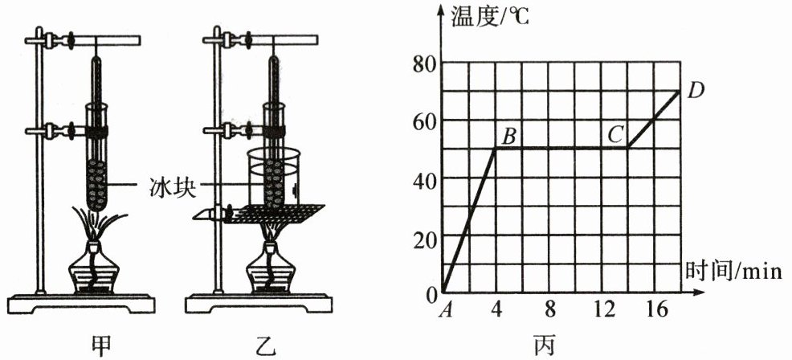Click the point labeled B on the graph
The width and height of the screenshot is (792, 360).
pos(496,148)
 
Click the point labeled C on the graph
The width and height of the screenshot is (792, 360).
pos(628,148)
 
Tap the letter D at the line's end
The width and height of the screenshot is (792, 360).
pos(696,91)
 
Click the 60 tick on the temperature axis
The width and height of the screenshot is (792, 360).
pos(423,121)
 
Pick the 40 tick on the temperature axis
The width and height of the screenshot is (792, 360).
pos(423,179)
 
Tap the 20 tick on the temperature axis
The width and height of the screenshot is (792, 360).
pos(423,238)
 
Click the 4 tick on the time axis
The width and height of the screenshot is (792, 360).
pos(496,310)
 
